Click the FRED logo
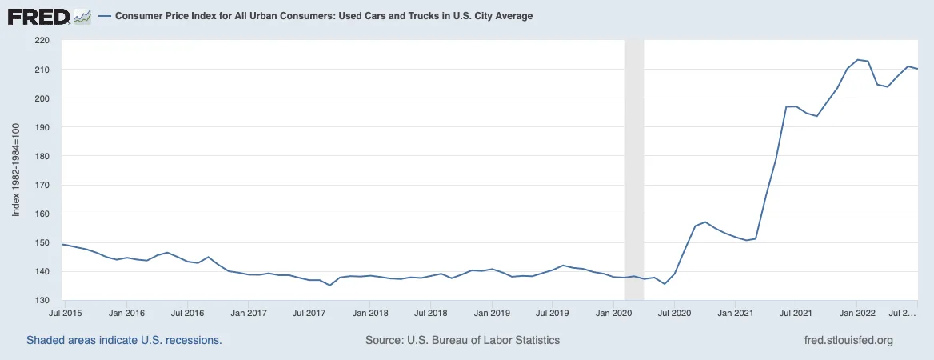[49, 17]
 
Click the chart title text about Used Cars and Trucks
[323, 16]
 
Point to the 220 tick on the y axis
[50, 41]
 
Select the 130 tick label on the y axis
[50, 300]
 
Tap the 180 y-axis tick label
[50, 156]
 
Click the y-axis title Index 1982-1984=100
[16, 170]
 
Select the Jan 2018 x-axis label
[370, 312]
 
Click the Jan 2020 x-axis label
[613, 312]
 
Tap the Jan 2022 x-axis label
[856, 312]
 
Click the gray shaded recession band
[634, 170]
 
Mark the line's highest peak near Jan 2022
[857, 60]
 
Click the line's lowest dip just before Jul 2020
[665, 284]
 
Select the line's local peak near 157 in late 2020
[705, 222]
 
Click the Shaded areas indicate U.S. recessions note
[124, 341]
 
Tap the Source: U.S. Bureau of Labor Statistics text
[462, 341]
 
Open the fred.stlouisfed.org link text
[848, 341]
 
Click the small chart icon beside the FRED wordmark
[82, 17]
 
